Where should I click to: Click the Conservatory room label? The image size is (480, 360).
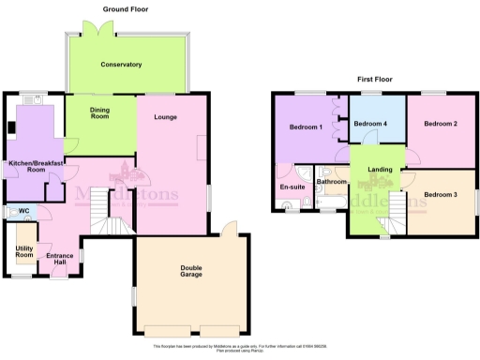[122, 65]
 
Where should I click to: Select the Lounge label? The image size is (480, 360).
[166, 116]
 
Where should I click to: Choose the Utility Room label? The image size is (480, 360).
[24, 251]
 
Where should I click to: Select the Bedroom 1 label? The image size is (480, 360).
[306, 127]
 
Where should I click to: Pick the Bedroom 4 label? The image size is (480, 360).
[370, 124]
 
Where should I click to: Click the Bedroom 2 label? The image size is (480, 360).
[439, 124]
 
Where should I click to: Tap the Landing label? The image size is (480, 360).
[380, 169]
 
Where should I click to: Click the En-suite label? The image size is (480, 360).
[292, 187]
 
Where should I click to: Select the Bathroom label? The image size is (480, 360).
[331, 182]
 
